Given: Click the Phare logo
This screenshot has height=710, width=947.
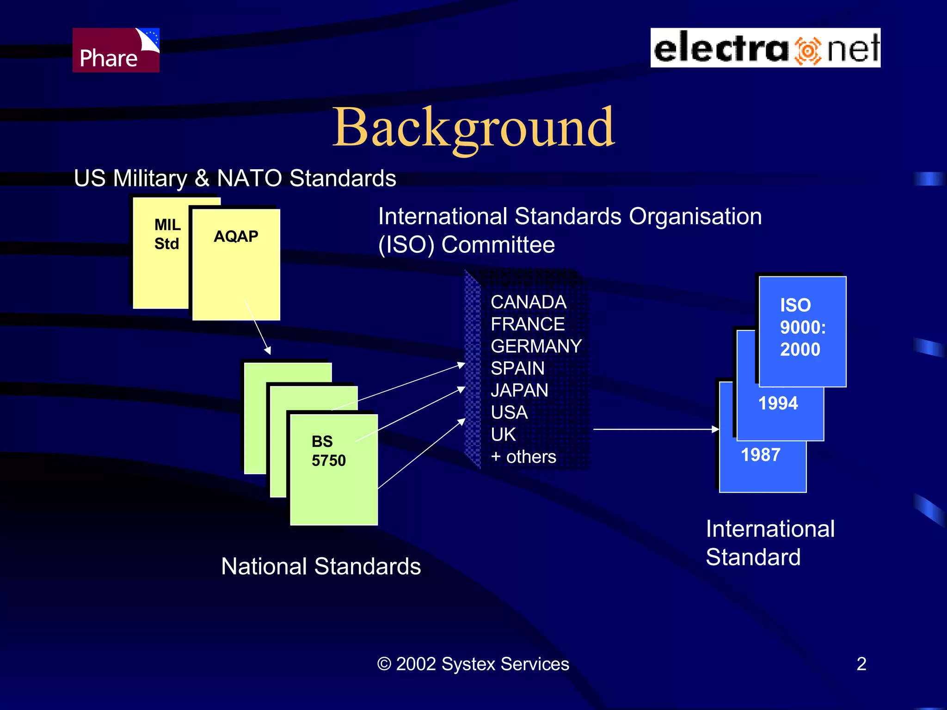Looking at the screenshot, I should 116,50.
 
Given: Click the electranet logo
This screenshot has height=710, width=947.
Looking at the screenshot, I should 765,48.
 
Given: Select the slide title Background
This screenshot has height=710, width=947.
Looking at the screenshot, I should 473,127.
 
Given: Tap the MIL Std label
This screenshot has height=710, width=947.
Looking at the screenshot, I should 167,234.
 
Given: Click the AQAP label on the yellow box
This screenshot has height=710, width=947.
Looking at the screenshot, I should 236,237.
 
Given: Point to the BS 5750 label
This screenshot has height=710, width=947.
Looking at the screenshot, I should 328,451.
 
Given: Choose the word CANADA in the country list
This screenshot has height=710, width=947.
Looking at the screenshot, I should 529,302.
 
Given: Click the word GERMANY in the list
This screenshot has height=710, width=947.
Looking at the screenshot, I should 536,346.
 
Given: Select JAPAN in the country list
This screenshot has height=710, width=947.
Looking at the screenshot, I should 519,391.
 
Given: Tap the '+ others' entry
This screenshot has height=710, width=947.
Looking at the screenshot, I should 523,457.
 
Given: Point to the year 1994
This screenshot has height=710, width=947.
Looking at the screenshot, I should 778,404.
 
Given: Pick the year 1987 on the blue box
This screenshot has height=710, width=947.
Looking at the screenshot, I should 761,455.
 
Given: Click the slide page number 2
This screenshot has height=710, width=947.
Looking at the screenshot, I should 861,664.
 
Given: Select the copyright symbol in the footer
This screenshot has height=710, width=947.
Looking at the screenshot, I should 384,664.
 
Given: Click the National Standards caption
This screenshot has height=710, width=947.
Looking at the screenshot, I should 321,566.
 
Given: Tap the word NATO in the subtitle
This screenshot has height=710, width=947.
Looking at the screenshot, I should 249,178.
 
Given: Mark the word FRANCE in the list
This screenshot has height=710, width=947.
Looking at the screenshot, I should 528,324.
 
